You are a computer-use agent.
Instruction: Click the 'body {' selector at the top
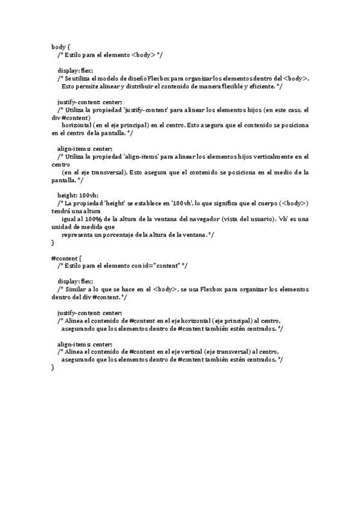[x=61, y=46]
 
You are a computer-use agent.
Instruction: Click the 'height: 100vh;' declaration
[x=78, y=195]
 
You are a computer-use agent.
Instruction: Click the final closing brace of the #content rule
[x=53, y=367]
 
